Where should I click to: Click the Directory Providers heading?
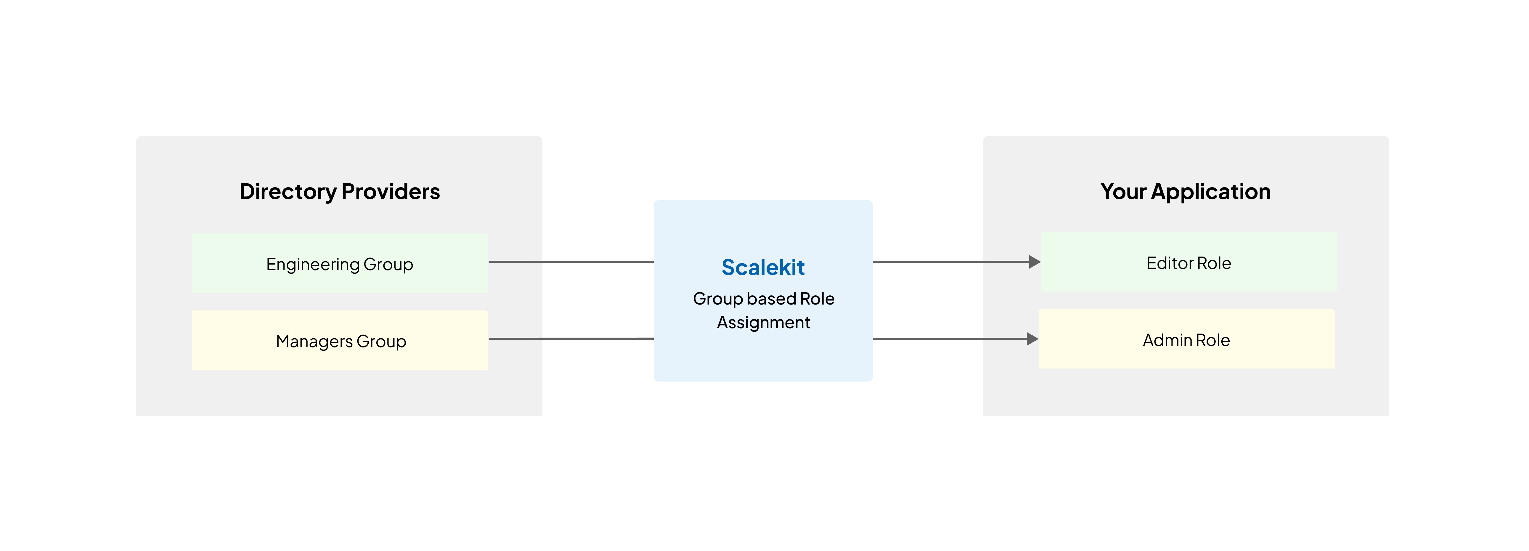(340, 192)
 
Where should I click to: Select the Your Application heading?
(1185, 192)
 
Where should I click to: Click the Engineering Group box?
(340, 263)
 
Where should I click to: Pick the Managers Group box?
(340, 340)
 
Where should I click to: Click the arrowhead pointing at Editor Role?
(1035, 262)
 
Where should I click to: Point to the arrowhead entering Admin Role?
(1032, 339)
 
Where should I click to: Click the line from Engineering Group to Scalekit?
(571, 262)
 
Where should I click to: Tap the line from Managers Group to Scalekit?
(571, 339)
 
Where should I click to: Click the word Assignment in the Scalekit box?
(763, 322)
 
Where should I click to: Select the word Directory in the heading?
(288, 192)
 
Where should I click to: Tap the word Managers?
(314, 341)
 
